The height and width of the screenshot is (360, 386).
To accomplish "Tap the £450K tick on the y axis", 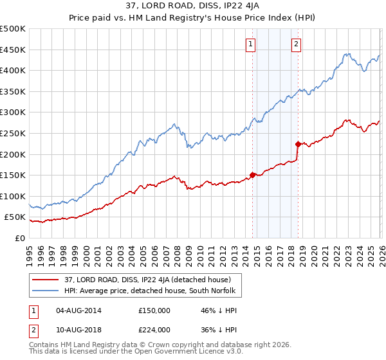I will point(13,50).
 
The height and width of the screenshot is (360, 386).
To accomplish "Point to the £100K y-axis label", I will point(13,196).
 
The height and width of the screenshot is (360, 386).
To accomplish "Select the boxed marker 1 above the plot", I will point(250,44).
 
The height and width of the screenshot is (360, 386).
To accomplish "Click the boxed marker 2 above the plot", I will point(295,44).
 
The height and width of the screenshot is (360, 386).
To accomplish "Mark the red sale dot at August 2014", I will point(252,174).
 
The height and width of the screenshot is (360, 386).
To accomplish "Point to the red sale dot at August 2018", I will point(298,144).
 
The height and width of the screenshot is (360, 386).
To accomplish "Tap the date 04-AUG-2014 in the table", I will point(75,310).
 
